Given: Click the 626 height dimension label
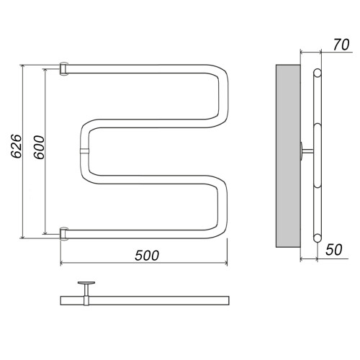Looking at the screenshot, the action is coord(17,146).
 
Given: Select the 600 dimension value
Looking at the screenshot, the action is coord(39,147).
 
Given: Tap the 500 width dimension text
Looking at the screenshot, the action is coord(147,256).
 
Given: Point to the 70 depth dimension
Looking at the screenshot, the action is coord(341,45).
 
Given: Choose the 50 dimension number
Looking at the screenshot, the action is coord(334,250).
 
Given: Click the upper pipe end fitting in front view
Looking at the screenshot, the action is coord(64,69).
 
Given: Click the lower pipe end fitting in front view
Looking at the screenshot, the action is coord(64,233).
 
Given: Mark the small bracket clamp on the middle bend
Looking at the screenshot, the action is coord(84,151).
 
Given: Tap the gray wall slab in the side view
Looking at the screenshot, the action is coord(288,156).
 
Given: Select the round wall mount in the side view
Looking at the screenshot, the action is coord(301,150).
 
